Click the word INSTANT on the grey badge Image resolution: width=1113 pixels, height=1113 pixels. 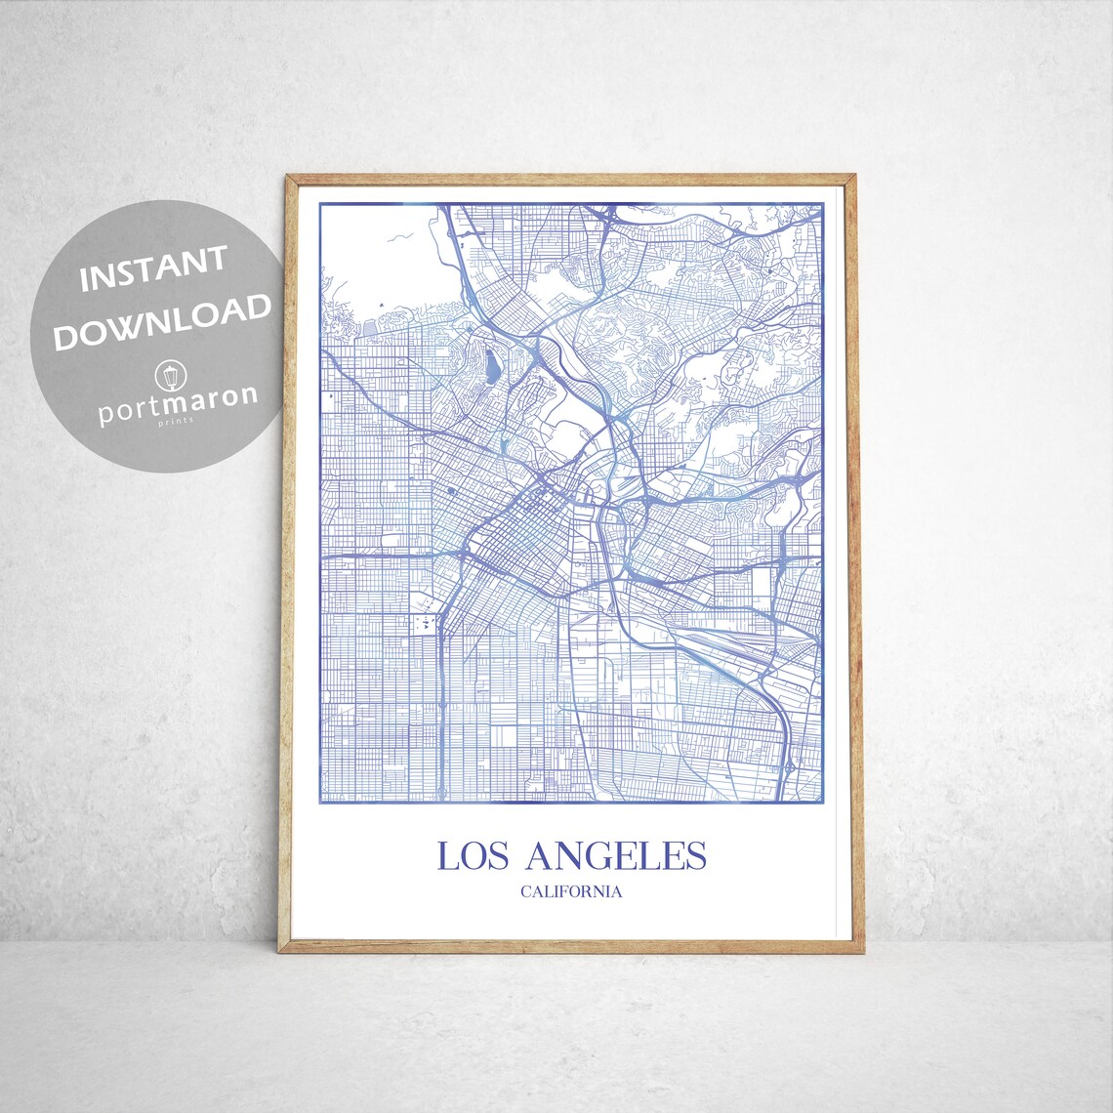[153, 270]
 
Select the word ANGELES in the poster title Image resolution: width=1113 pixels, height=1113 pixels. [615, 856]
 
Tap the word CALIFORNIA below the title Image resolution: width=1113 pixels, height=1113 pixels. [571, 890]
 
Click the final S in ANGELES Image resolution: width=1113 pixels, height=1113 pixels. [695, 856]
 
